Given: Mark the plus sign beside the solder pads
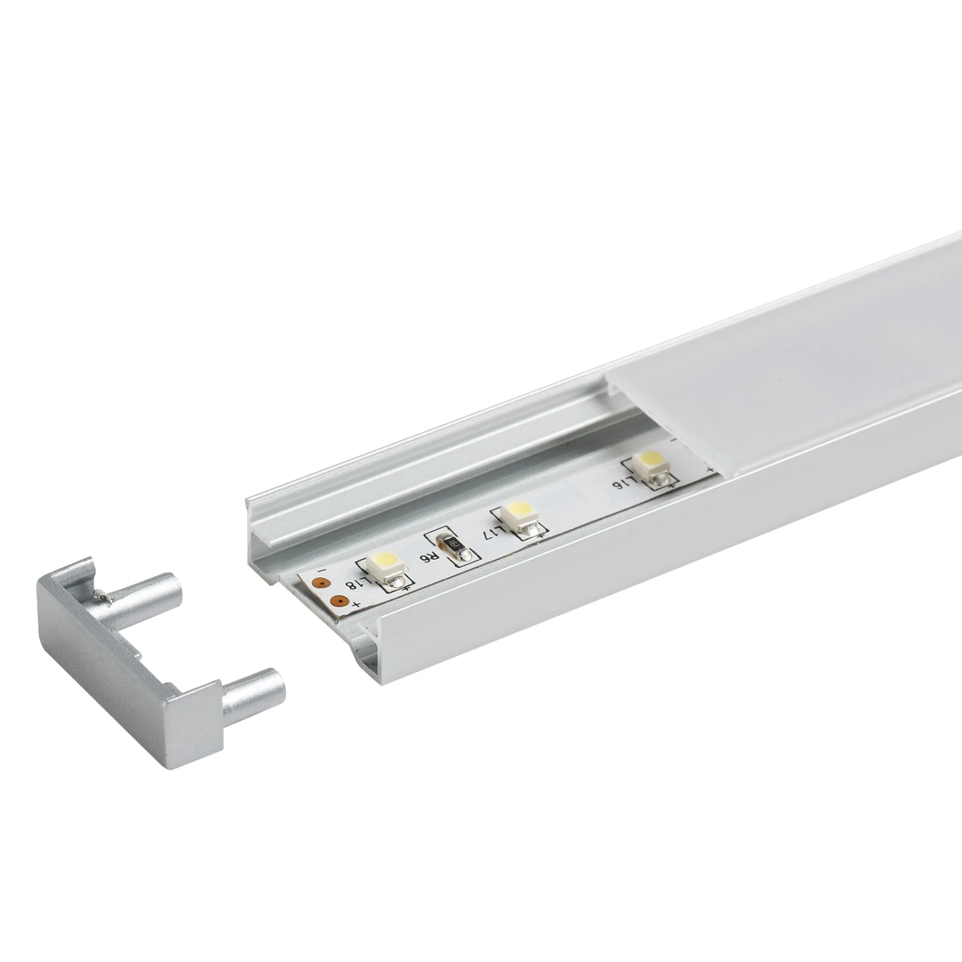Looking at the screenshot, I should pos(355,605).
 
